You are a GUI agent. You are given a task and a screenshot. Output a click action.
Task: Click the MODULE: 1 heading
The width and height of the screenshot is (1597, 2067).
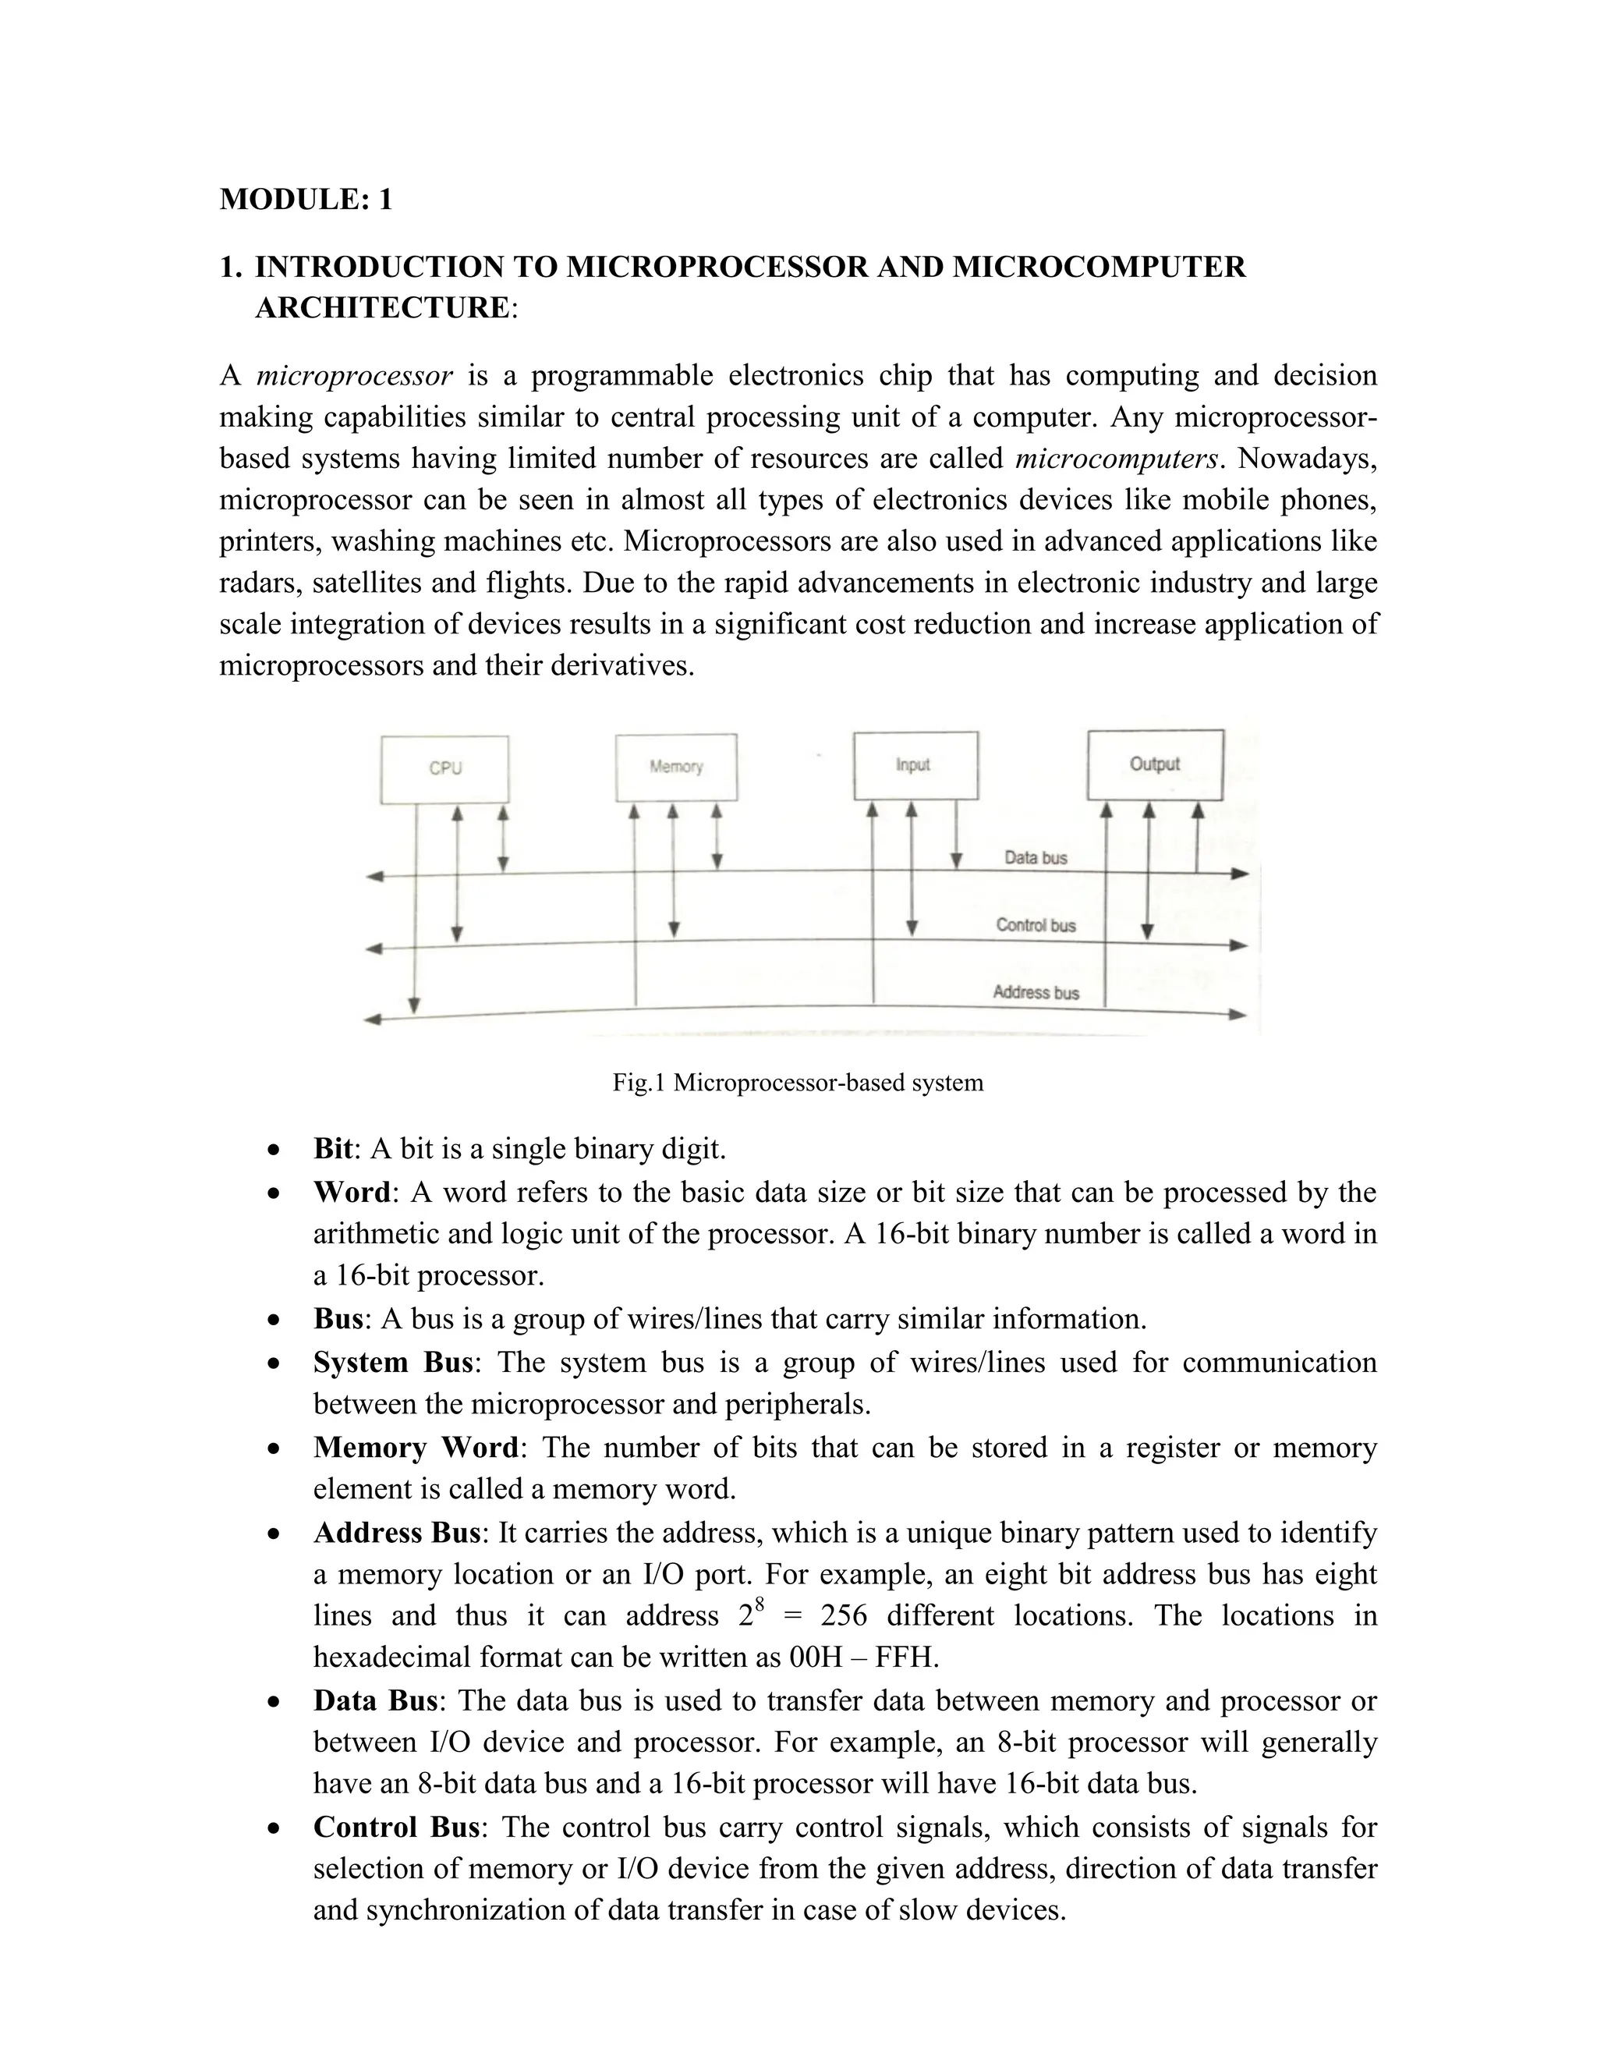[306, 200]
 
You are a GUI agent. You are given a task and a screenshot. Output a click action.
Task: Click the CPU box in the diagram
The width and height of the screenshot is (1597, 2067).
[444, 769]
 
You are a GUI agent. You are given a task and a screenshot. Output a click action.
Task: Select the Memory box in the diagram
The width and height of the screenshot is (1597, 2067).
[675, 768]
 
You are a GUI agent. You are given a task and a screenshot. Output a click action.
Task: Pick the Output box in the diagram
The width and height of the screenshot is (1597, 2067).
[1154, 764]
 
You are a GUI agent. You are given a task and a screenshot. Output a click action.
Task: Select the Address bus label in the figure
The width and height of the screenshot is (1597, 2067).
[1036, 993]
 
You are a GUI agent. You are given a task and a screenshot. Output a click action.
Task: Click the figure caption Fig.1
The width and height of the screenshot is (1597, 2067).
[798, 1083]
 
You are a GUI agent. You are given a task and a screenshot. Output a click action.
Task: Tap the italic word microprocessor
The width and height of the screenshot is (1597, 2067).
[355, 377]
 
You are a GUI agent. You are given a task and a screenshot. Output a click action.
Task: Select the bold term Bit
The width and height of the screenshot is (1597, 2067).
[333, 1149]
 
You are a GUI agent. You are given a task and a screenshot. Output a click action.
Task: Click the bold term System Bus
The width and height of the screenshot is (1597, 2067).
[393, 1362]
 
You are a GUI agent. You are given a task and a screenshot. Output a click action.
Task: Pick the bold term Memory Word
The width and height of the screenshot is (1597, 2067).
[416, 1447]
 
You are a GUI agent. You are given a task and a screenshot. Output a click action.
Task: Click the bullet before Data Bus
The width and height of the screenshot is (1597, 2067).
[274, 1702]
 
